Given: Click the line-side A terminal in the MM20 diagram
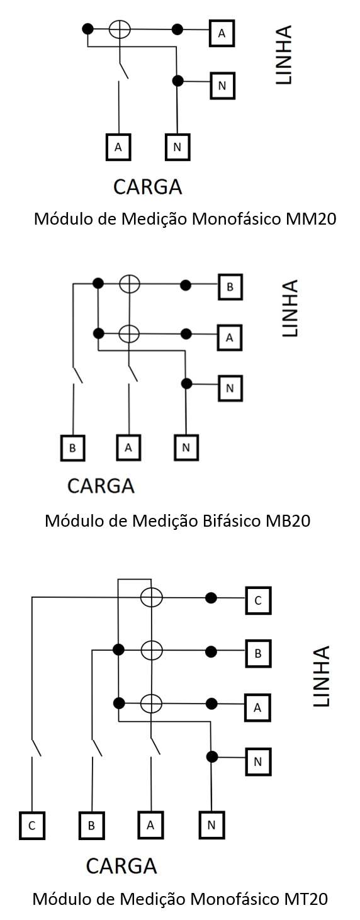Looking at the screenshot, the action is [222, 33].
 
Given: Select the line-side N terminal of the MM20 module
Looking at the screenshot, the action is [222, 86].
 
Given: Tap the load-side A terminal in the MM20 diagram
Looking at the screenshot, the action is [118, 147].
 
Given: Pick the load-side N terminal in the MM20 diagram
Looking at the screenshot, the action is [177, 147].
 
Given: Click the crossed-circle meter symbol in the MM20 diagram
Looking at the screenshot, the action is [120, 30].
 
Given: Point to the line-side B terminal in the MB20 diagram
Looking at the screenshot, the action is [230, 287].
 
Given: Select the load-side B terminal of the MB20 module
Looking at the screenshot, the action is [73, 447].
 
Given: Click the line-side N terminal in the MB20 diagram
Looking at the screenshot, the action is [230, 388].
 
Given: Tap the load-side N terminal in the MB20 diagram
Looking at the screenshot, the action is [186, 447].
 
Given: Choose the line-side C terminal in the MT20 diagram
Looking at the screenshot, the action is [258, 600].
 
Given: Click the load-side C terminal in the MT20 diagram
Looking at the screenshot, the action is [32, 826].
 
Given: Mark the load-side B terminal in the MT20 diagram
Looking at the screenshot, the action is [92, 826].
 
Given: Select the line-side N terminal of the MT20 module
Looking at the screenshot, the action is [258, 762].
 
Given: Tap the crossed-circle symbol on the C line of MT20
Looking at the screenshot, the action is [151, 598].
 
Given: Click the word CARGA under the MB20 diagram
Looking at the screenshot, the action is [101, 486].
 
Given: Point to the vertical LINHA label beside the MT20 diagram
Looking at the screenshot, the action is [322, 676].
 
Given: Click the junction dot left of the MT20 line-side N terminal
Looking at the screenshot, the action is [211, 756].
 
